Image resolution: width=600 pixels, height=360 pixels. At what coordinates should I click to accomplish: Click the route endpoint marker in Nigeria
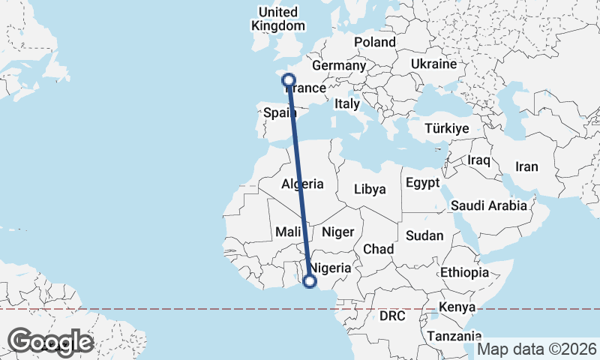(309, 281)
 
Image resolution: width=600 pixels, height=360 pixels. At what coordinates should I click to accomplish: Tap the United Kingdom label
(277, 19)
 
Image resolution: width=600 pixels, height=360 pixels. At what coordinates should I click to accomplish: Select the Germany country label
(338, 65)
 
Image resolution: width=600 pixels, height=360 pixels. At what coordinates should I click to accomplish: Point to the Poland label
(375, 42)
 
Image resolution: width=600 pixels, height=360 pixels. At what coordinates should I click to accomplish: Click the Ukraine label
(433, 64)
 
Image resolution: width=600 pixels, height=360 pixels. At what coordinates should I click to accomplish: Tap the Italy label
(347, 104)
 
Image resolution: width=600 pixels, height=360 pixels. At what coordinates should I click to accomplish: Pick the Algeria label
(302, 184)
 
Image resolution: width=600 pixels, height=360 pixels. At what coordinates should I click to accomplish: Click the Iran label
(526, 166)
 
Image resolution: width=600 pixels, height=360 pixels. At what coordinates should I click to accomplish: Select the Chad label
(379, 248)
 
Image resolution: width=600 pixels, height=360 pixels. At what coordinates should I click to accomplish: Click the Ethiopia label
(465, 271)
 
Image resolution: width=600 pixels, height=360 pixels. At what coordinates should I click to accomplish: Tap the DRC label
(392, 316)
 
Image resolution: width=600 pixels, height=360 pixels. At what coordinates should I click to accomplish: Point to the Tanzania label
(454, 337)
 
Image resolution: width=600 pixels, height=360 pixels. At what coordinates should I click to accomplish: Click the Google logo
(50, 342)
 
